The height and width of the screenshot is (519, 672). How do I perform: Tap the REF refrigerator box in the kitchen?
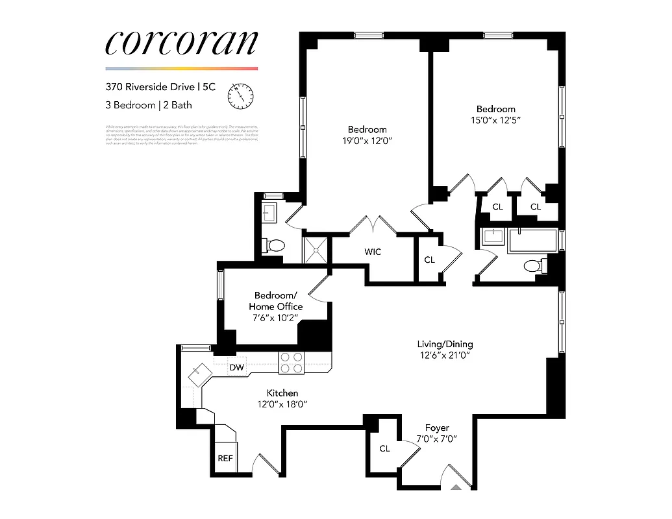(x=225, y=458)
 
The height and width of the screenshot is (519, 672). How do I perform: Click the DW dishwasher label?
(x=237, y=368)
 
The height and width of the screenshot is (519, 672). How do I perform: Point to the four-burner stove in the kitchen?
(x=292, y=362)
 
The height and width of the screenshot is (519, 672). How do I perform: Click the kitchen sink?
(x=199, y=373)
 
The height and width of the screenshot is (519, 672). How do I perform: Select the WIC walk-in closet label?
(x=373, y=252)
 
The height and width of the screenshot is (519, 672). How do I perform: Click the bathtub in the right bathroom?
(x=533, y=241)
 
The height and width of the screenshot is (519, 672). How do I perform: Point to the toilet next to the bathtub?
(x=534, y=266)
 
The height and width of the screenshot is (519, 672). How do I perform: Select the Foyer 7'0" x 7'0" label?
(x=436, y=433)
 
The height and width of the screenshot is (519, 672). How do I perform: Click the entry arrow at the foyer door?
(x=457, y=485)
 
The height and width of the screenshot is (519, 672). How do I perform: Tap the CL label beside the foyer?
(x=384, y=448)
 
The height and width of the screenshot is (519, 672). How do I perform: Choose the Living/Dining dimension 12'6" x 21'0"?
(x=445, y=356)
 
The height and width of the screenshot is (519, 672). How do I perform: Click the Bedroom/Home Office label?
(x=275, y=300)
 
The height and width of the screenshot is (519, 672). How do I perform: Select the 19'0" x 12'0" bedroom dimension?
(x=367, y=140)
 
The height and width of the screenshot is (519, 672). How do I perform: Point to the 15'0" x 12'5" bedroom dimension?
(x=496, y=120)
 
